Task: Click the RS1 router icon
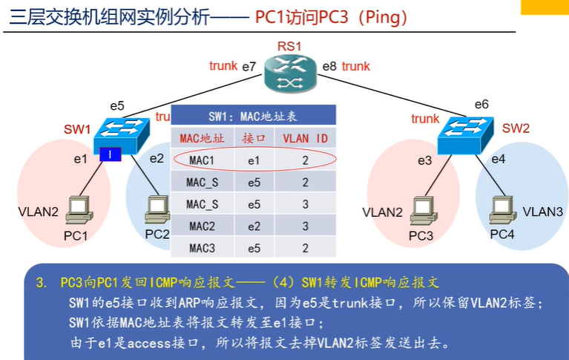click(289, 72)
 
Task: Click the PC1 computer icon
click(78, 210)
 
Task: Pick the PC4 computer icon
click(500, 210)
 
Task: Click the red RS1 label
click(289, 47)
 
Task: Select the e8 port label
click(329, 67)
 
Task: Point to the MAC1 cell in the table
click(202, 160)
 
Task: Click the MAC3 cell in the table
click(202, 248)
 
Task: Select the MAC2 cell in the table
click(202, 226)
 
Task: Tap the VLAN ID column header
click(305, 138)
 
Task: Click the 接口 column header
click(254, 138)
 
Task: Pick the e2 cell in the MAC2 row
click(254, 226)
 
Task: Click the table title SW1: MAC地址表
click(254, 117)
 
